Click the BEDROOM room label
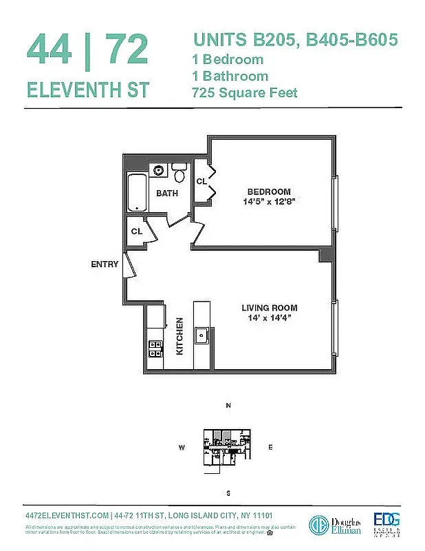coord(269,191)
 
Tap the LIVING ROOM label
coord(269,308)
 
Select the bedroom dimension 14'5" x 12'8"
coord(269,202)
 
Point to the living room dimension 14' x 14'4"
coord(269,319)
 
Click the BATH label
coord(166,194)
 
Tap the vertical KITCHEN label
coord(179,335)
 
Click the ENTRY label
coord(105,264)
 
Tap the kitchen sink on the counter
coord(202,335)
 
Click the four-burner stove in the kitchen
coord(155,349)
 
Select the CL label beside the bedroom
coord(201,181)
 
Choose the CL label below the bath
coord(137,231)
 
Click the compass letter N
coord(228,406)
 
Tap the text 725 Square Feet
coord(245,92)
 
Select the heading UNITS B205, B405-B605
coord(295,40)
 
